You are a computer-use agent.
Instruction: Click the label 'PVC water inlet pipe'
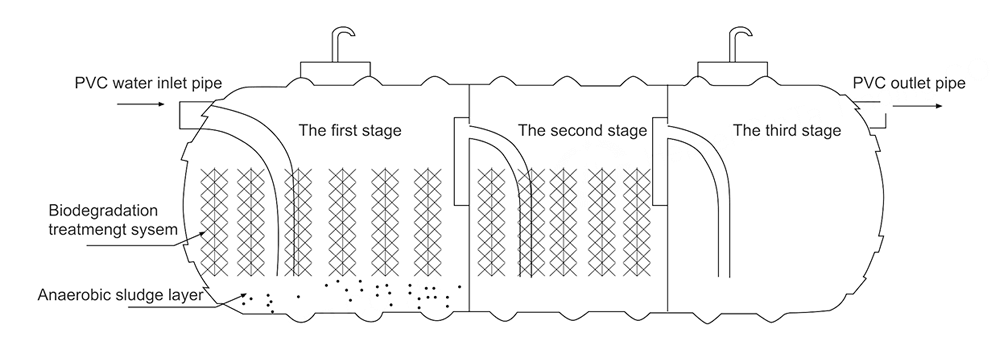(149, 84)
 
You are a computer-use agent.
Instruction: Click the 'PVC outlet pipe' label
(909, 84)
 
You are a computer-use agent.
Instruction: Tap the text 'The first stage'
(350, 131)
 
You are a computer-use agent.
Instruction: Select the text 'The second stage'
(583, 131)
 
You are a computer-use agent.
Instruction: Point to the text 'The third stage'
(787, 131)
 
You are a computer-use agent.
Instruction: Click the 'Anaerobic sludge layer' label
(120, 296)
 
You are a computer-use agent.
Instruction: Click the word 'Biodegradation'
(104, 211)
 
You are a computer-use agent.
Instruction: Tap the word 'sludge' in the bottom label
(137, 296)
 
